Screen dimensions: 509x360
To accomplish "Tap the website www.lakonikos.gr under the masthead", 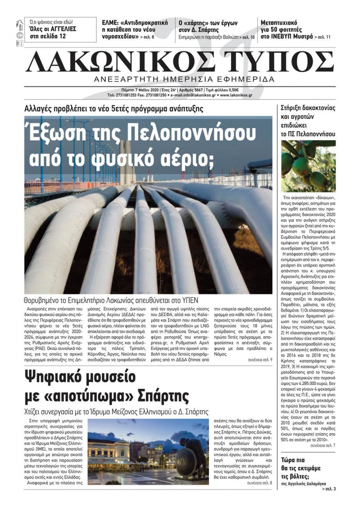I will pos(236,95).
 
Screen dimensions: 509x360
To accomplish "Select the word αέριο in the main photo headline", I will pos(191,158).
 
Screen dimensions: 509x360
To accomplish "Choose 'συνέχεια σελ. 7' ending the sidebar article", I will pos(323,446).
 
